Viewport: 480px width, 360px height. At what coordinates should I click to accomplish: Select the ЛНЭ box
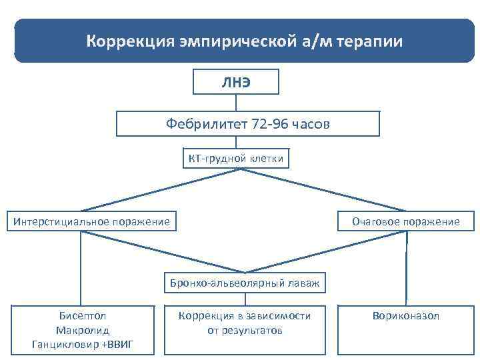[236, 82]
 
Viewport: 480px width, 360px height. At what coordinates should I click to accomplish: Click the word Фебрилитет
[207, 124]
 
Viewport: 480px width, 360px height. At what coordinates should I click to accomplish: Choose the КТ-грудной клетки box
[235, 158]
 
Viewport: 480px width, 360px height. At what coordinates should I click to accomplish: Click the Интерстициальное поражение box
[92, 221]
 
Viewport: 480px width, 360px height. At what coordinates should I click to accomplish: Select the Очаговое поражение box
[406, 221]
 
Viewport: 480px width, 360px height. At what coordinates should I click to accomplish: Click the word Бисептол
[83, 316]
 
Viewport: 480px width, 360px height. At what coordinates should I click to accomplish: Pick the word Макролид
[83, 330]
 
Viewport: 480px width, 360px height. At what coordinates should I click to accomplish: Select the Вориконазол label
[406, 316]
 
